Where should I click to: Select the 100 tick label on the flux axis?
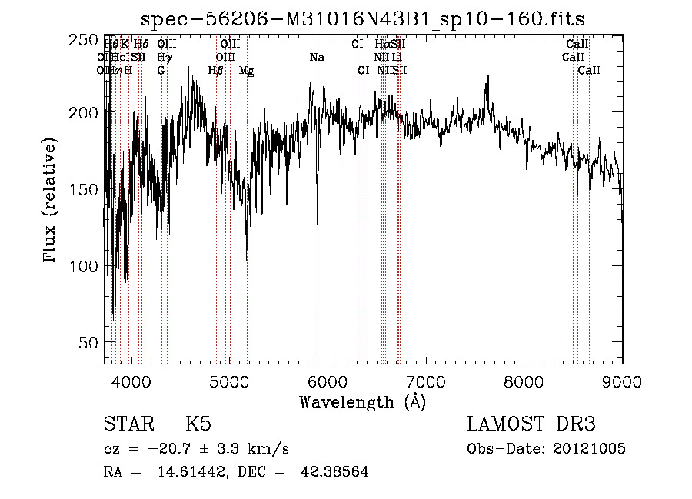[x=87, y=266]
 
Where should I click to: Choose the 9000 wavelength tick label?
[x=621, y=381]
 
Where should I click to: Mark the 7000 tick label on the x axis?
[x=426, y=381]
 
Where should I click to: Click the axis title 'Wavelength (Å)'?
[x=362, y=401]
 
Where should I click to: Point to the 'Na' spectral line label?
[x=317, y=58]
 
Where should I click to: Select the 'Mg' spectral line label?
[x=246, y=71]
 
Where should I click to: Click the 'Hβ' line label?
[x=216, y=71]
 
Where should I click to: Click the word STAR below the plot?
[x=125, y=425]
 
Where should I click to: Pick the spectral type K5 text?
[x=198, y=425]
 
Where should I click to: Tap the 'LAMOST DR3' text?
[x=531, y=425]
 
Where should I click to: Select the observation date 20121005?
[x=589, y=449]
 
